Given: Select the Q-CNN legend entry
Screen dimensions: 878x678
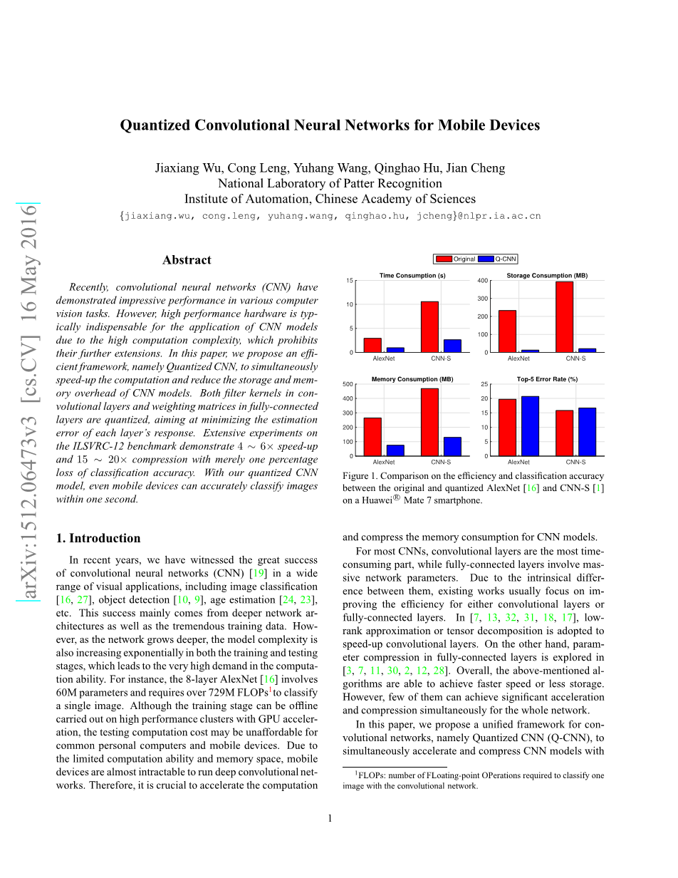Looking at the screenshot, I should pos(505,259).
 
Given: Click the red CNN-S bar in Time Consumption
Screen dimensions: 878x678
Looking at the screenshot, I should pos(429,326).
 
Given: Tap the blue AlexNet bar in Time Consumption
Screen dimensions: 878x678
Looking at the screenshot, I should pos(395,349).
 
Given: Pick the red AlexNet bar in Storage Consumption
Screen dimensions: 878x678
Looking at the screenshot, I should pos(507,331).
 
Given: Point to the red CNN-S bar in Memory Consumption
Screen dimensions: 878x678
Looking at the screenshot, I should pos(429,422).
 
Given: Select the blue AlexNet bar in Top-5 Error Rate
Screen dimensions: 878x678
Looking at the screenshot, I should pos(531,426).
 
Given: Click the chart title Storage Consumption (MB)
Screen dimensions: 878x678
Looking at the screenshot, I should pos(547,276).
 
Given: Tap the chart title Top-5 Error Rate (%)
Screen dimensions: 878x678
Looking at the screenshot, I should pos(547,379).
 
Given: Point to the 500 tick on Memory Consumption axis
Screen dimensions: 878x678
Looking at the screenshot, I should pos(348,384).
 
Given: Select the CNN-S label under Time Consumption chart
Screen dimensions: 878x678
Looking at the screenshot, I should pos(441,358).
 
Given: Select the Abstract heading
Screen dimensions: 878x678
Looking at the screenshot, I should pos(187,260).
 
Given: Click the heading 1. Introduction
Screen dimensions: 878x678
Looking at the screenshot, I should pos(98,538).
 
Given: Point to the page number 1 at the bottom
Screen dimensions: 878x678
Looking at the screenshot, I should pos(330,817).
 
